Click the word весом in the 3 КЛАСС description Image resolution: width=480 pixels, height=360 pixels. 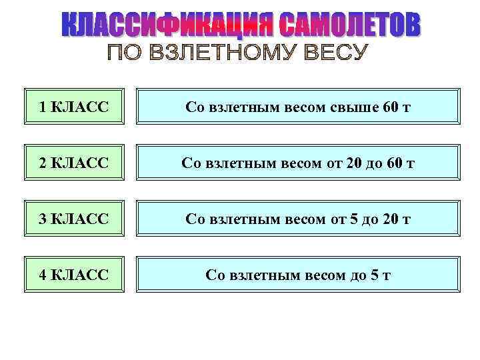point(302,219)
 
